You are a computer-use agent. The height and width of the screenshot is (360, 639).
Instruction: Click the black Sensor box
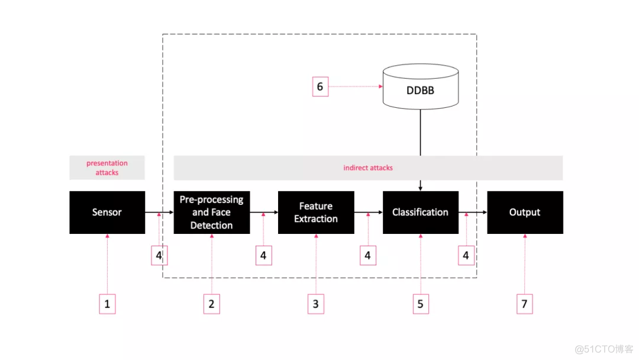pyautogui.click(x=107, y=213)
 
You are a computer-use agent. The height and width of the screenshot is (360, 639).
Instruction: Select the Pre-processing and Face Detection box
pyautogui.click(x=212, y=213)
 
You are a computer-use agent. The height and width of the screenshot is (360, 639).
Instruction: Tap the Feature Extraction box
pyautogui.click(x=316, y=213)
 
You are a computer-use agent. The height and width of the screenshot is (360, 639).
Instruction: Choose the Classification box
pyautogui.click(x=421, y=213)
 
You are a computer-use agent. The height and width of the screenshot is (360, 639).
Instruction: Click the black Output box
pyautogui.click(x=525, y=213)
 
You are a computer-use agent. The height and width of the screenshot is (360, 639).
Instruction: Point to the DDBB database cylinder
pyautogui.click(x=421, y=86)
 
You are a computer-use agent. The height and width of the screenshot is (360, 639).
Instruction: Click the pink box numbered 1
pyautogui.click(x=107, y=304)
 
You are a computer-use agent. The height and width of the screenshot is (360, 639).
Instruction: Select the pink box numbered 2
pyautogui.click(x=211, y=304)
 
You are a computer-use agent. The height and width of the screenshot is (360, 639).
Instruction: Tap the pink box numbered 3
pyautogui.click(x=316, y=304)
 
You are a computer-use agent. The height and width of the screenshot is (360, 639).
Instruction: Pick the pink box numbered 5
pyautogui.click(x=421, y=304)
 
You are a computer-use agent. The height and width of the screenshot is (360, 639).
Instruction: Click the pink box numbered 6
pyautogui.click(x=320, y=86)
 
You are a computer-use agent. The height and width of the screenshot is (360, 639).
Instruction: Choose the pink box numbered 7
pyautogui.click(x=524, y=304)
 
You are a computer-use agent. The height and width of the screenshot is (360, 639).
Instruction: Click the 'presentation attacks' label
pyautogui.click(x=106, y=168)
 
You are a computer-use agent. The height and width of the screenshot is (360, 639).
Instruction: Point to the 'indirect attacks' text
pyautogui.click(x=368, y=168)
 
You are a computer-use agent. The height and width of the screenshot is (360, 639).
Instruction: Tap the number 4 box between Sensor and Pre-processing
pyautogui.click(x=159, y=255)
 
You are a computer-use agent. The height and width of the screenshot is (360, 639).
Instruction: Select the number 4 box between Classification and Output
pyautogui.click(x=466, y=255)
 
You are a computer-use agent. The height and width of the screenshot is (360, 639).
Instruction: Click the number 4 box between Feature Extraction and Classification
pyautogui.click(x=368, y=255)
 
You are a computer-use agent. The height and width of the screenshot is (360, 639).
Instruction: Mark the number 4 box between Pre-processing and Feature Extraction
pyautogui.click(x=264, y=255)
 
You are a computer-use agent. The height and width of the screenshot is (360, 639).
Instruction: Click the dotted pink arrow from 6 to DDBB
pyautogui.click(x=356, y=86)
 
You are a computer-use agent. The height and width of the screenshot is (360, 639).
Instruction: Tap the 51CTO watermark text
pyautogui.click(x=604, y=349)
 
